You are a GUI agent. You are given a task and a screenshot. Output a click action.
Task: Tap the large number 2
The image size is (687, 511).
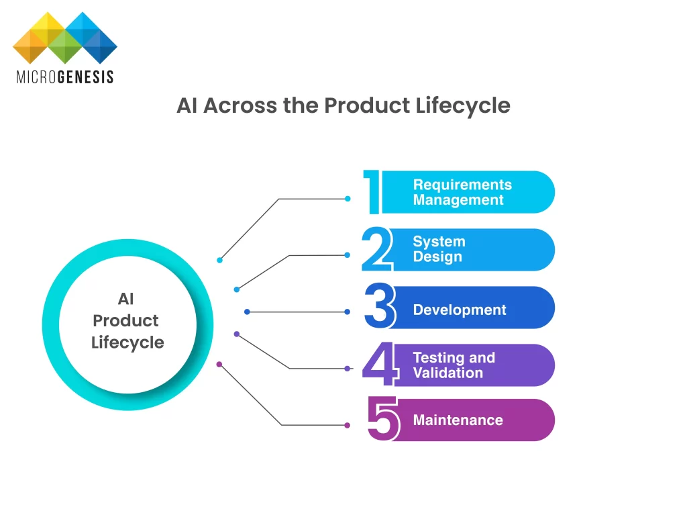click(376, 249)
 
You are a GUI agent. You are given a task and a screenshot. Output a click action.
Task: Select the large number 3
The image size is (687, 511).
click(380, 306)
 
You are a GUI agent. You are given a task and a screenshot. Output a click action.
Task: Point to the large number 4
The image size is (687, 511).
click(378, 365)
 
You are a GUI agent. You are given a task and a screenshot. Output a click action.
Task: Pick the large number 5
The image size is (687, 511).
click(383, 419)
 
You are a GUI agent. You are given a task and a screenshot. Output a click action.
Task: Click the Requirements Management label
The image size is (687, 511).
click(462, 192)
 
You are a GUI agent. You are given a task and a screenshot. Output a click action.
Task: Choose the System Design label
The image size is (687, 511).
click(439, 249)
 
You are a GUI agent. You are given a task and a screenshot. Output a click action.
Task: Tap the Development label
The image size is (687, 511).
click(460, 310)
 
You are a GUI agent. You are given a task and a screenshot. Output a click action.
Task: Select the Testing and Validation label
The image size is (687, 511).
click(454, 365)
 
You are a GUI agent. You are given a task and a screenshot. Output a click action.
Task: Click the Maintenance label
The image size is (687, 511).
click(458, 420)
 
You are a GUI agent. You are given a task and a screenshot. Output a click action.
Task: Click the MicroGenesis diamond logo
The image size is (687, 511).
click(65, 38)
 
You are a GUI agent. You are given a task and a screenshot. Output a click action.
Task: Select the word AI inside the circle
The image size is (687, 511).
click(126, 299)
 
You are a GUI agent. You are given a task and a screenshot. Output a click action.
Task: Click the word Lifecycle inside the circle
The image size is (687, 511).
click(127, 342)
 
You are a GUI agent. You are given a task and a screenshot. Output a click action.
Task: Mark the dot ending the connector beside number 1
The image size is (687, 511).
click(348, 199)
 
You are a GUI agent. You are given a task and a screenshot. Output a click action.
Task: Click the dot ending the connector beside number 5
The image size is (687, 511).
click(347, 425)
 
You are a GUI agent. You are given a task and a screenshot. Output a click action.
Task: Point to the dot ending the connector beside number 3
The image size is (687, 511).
click(347, 312)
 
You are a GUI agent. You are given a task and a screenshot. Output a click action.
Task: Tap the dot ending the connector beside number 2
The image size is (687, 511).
click(347, 255)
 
